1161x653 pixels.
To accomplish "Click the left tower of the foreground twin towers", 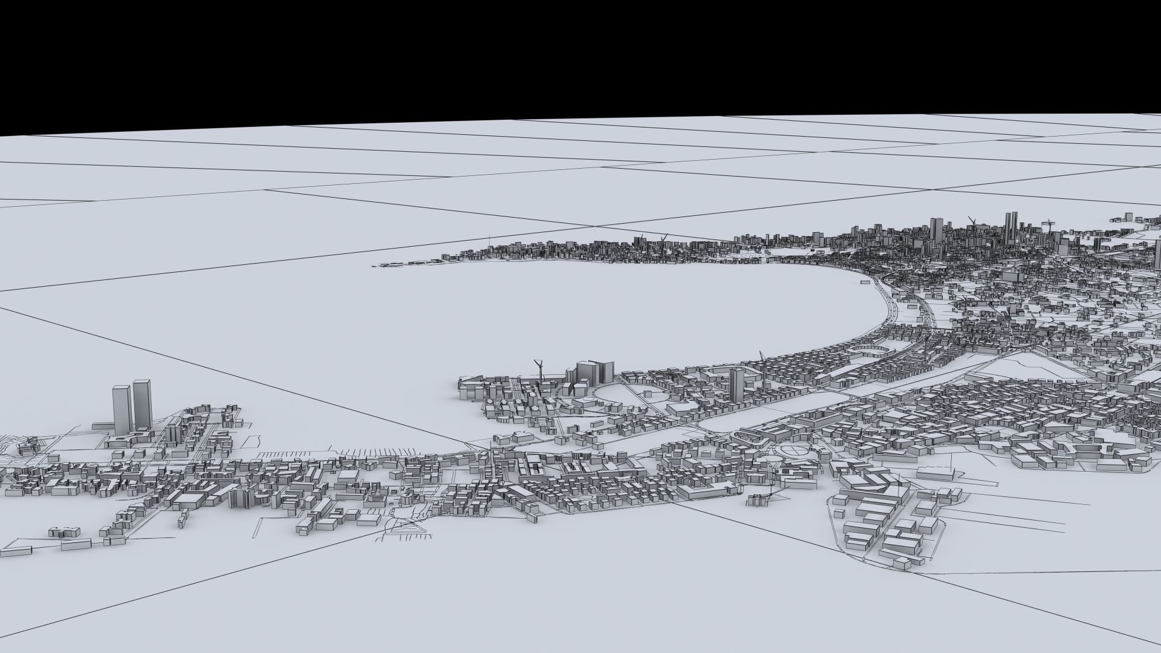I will (x=122, y=408).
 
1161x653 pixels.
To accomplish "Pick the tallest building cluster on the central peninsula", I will (x=590, y=372).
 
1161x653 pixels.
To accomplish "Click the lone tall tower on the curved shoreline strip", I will (x=736, y=383).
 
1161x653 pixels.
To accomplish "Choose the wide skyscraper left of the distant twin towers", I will (x=936, y=230).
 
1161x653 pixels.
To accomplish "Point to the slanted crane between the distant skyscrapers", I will (x=972, y=221).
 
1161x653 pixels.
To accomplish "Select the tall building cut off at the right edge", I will (x=1157, y=254).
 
